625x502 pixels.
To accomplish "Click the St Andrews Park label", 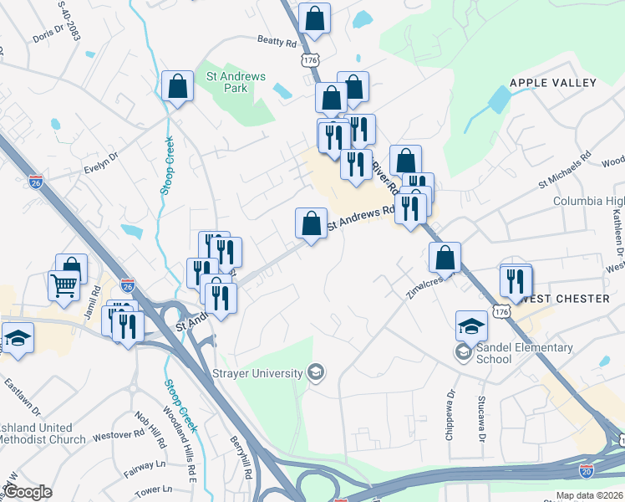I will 236,82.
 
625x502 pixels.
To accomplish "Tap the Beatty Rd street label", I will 277,42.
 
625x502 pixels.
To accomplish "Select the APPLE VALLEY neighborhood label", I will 553,83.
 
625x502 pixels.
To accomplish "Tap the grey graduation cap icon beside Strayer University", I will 316,371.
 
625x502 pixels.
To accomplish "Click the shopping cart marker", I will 64,285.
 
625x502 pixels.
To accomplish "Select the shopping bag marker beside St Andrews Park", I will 178,86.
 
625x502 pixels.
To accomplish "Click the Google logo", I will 28,492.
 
